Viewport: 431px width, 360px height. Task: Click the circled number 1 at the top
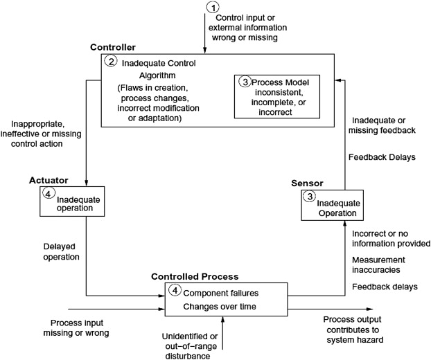click(213, 7)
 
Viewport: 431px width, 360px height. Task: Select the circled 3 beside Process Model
click(245, 82)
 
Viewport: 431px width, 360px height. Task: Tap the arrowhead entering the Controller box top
click(205, 52)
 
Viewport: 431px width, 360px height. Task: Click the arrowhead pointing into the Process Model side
click(336, 80)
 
